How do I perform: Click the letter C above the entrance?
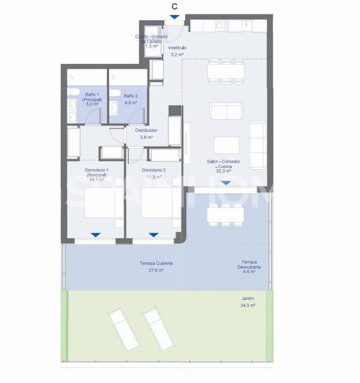175,6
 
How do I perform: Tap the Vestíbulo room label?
177,48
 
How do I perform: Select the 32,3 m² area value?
223,171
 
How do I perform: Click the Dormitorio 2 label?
154,170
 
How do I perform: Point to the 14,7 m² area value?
96,180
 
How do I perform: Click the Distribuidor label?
146,130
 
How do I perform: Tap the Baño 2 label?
131,96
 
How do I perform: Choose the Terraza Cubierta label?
156,263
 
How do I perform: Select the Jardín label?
248,298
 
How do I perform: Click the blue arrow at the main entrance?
175,18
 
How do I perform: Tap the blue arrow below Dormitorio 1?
96,235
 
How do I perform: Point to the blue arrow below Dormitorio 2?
153,235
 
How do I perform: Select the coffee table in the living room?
226,145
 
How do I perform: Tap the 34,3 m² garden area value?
248,305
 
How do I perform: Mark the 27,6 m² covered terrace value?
156,270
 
